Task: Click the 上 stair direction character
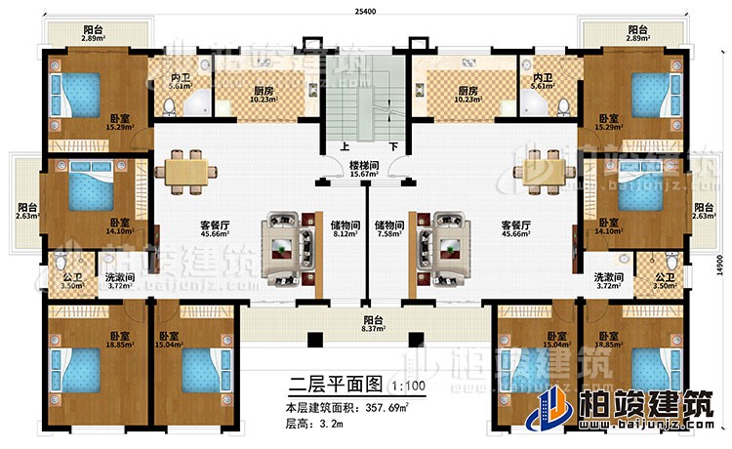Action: pyautogui.click(x=345, y=148)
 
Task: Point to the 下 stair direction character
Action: pyautogui.click(x=392, y=148)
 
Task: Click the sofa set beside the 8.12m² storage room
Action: pyautogui.click(x=288, y=250)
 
